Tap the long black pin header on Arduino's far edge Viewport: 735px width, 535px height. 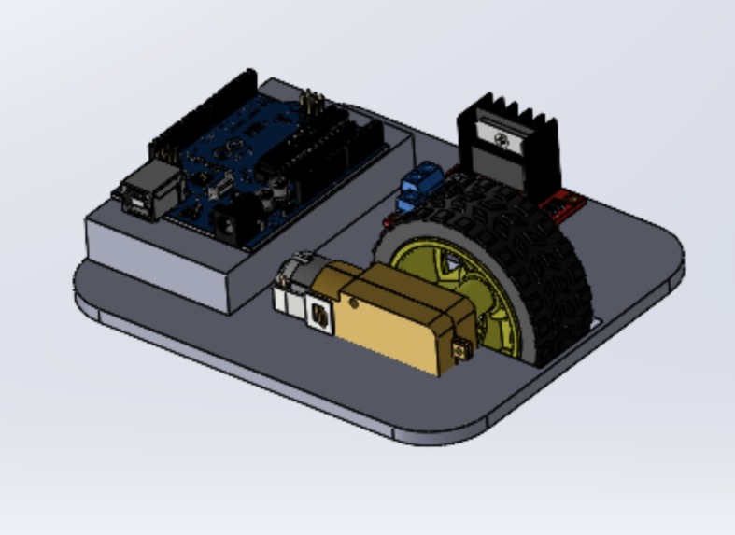(x=201, y=112)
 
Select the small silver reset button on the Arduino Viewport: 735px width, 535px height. (x=213, y=188)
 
